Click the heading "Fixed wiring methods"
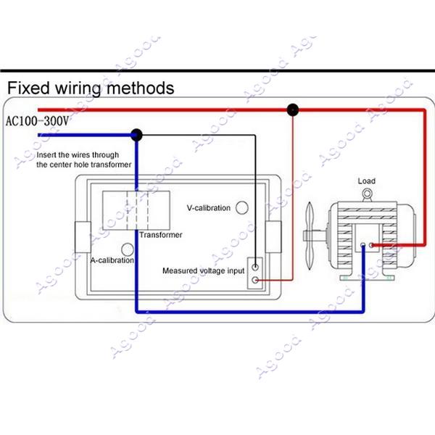click(91, 88)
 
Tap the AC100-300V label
click(37, 121)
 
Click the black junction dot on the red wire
click(292, 110)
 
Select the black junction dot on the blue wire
click(136, 134)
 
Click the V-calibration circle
click(242, 207)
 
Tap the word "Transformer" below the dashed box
click(161, 235)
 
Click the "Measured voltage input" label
click(202, 271)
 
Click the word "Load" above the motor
click(367, 181)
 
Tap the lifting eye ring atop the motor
click(368, 194)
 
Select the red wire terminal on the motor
click(372, 246)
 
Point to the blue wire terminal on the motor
click(362, 246)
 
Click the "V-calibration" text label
click(208, 208)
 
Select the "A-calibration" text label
click(112, 260)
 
